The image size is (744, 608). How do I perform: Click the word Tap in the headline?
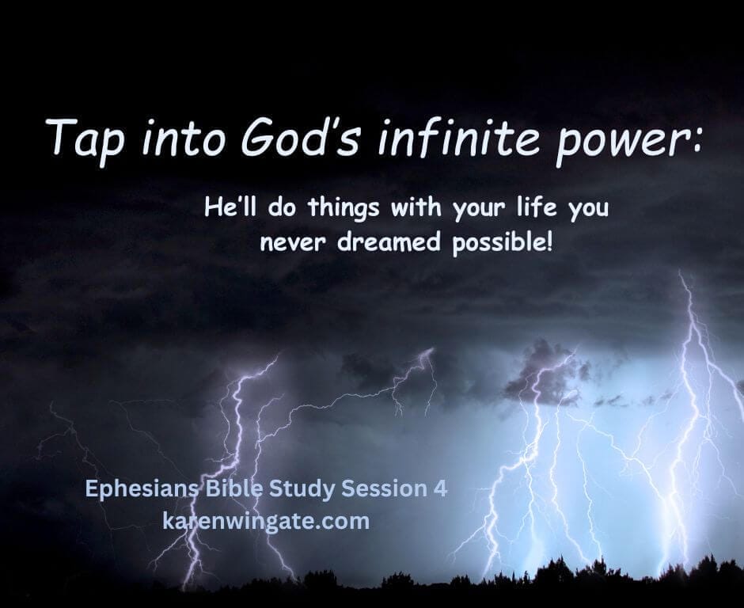[x=82, y=139]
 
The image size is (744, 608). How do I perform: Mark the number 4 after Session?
[x=440, y=489]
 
